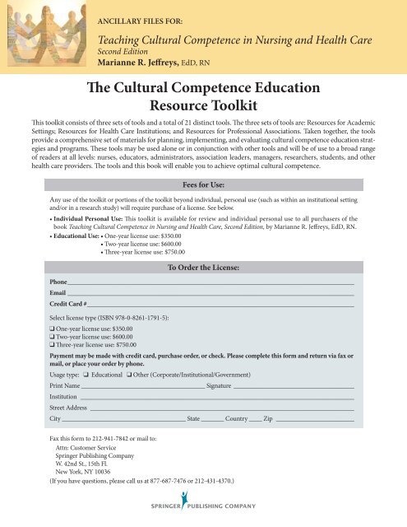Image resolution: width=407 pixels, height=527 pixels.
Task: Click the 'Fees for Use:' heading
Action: click(x=203, y=162)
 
